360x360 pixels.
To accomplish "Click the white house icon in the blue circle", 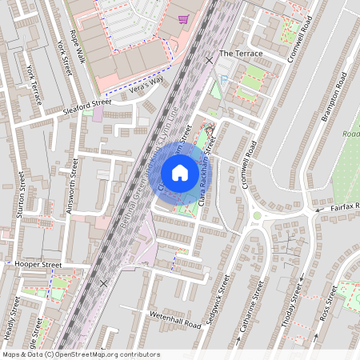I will coord(180,172).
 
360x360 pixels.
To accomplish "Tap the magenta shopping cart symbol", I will coord(184,19).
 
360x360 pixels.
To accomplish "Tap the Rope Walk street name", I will coord(78,46).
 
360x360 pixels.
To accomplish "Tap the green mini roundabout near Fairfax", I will coord(258,214).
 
